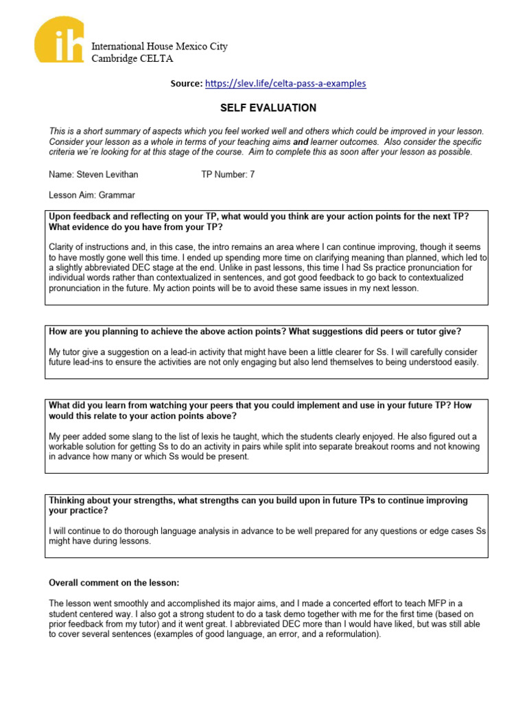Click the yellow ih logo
tap(61, 40)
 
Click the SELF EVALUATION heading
tap(268, 108)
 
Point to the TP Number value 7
tap(253, 174)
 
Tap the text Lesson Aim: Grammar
tap(92, 195)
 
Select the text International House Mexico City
tap(159, 47)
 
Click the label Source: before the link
tap(187, 84)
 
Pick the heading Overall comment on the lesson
tap(113, 583)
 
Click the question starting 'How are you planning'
tap(255, 331)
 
